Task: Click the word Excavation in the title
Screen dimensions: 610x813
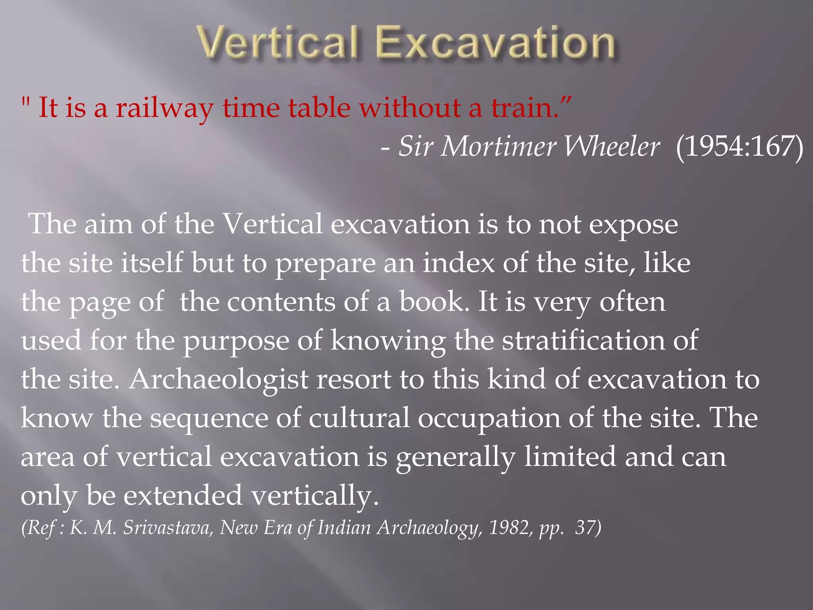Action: click(495, 43)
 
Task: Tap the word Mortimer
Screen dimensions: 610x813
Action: click(498, 147)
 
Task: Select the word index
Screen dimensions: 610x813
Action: click(459, 263)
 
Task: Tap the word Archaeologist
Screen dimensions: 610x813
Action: click(219, 379)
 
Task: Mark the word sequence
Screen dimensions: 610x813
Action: click(209, 418)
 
